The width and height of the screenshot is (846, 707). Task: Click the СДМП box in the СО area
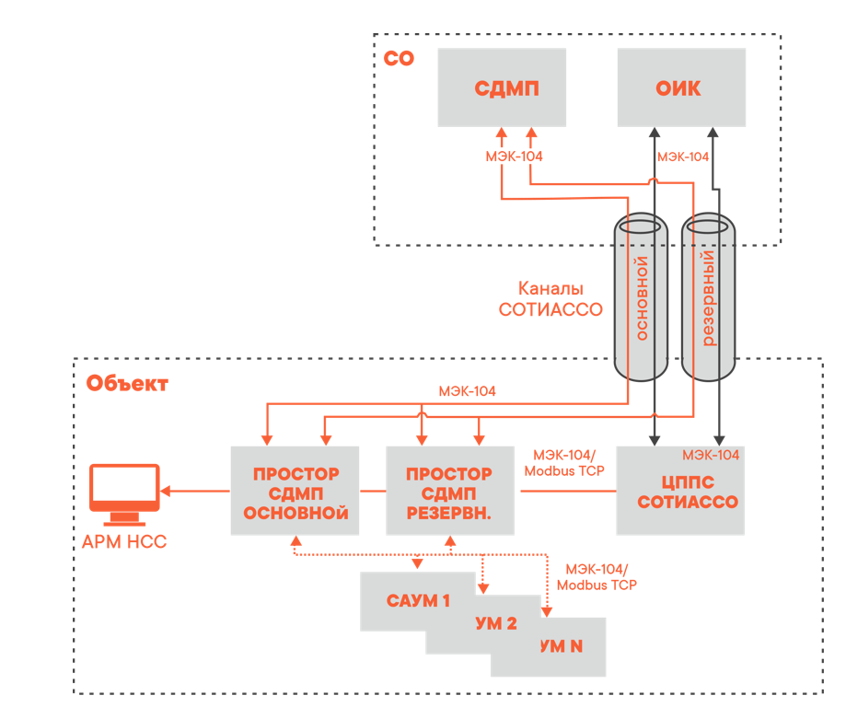click(x=502, y=88)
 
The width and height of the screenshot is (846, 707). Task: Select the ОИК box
click(x=680, y=88)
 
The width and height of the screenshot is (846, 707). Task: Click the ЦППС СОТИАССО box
click(x=679, y=492)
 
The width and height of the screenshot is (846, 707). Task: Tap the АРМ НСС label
click(x=124, y=542)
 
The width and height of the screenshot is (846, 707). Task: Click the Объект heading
click(x=128, y=383)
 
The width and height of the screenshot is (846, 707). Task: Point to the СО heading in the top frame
click(x=400, y=59)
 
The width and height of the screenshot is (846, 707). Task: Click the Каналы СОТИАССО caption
click(x=550, y=299)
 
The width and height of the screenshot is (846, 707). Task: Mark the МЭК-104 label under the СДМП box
click(x=514, y=156)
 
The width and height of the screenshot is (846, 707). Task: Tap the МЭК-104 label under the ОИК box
click(x=682, y=156)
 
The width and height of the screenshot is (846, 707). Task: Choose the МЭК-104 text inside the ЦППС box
click(x=710, y=455)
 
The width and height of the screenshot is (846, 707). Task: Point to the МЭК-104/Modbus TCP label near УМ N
click(x=597, y=577)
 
